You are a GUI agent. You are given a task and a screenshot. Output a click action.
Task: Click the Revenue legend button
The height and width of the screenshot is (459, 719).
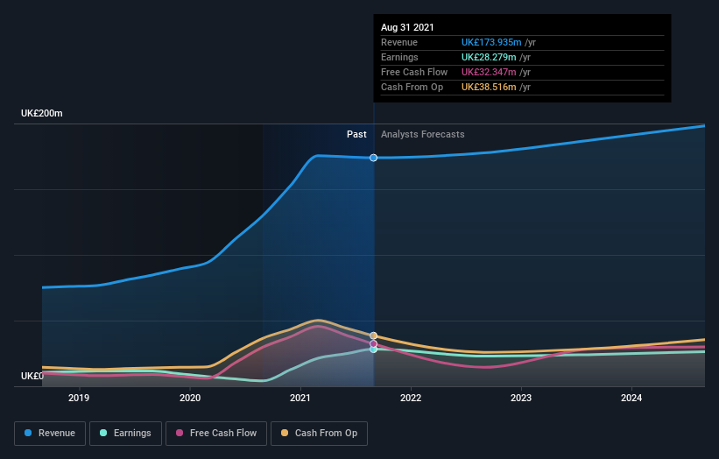pos(50,433)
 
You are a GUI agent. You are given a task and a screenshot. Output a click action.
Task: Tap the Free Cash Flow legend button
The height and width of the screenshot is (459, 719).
pos(216,433)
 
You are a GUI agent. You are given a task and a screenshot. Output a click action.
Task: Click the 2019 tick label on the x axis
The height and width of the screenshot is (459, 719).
pos(79,398)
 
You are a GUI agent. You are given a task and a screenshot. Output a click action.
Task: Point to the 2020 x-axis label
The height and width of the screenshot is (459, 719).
pos(190,398)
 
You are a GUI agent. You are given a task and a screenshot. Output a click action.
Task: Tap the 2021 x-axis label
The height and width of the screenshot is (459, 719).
pos(300,398)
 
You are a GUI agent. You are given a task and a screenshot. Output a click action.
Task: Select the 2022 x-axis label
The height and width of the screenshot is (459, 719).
pos(411,398)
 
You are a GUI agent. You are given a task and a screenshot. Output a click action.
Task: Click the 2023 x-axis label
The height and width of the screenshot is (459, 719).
pos(521,398)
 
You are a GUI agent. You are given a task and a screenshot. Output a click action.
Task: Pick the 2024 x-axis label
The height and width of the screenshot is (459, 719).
pos(631,398)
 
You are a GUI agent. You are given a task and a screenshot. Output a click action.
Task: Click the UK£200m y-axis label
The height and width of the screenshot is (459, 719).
pos(42,114)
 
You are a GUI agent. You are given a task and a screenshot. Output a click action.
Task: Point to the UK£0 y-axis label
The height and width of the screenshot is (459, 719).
pos(32,376)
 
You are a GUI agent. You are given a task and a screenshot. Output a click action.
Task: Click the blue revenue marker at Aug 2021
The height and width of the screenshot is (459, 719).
pos(374,158)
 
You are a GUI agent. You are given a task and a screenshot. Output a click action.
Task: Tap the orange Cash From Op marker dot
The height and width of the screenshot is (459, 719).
pos(374,335)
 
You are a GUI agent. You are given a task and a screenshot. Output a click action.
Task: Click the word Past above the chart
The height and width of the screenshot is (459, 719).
pos(356,134)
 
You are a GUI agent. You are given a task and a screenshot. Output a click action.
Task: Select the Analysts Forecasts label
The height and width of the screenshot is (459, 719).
pos(422,134)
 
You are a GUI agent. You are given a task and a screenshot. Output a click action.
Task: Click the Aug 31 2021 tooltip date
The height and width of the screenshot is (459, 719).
pos(407,28)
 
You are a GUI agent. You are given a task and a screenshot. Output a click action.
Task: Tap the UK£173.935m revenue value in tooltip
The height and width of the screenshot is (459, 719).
pos(491,42)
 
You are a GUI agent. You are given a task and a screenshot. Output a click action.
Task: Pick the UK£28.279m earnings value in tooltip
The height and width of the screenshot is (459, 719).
pos(489,57)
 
